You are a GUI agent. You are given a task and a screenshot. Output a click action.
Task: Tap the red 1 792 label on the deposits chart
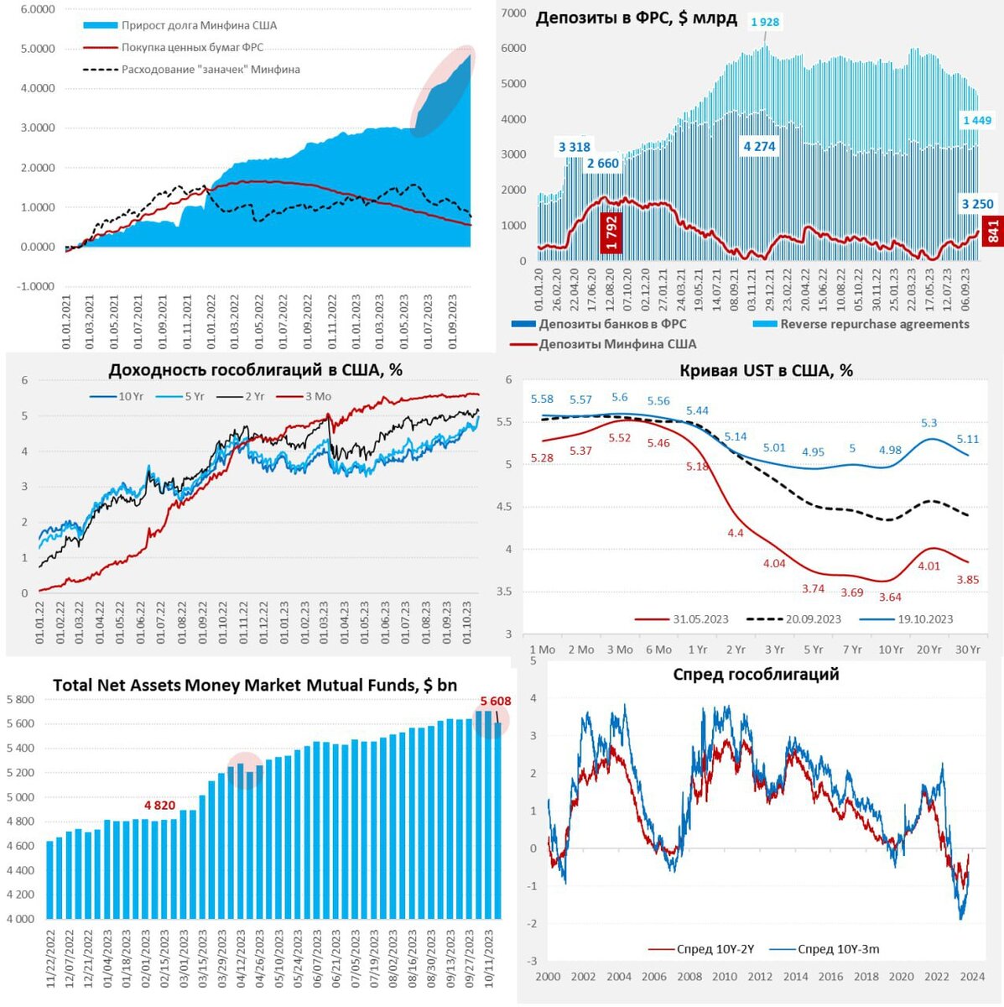(x=611, y=233)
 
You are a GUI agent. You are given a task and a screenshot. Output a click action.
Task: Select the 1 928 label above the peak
(x=765, y=22)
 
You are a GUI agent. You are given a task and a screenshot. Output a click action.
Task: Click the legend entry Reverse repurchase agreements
(x=874, y=324)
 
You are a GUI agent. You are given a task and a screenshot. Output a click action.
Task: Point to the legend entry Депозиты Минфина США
(x=617, y=344)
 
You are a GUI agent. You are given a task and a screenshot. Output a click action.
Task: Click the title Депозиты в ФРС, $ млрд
(x=637, y=18)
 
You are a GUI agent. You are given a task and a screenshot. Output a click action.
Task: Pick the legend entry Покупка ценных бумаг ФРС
(x=199, y=48)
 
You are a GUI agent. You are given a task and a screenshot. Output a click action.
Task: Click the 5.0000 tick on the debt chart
(x=38, y=49)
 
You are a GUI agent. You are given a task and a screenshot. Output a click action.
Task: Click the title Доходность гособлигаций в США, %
(x=256, y=370)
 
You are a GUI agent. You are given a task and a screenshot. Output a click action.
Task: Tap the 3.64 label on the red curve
(x=890, y=597)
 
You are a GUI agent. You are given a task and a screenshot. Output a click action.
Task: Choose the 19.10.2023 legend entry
(x=925, y=619)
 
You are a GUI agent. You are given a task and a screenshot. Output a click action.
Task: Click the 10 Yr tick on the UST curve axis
(x=891, y=650)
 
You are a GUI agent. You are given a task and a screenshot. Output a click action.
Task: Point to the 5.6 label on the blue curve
(x=620, y=398)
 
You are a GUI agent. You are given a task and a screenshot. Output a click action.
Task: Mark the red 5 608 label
(x=495, y=702)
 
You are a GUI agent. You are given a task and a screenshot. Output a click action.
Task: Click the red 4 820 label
(x=159, y=806)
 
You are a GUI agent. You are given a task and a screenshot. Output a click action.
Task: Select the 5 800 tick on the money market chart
(x=21, y=700)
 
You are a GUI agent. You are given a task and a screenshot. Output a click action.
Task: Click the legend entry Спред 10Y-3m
(x=838, y=949)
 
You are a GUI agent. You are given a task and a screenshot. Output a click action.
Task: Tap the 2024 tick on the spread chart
(x=972, y=977)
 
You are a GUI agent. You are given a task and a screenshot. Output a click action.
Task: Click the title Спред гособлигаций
(x=756, y=675)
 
